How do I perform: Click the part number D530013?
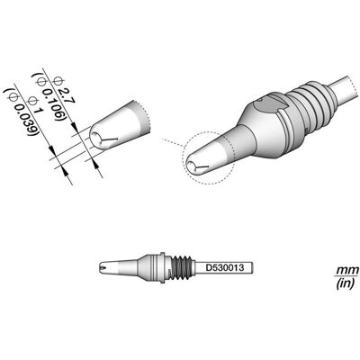click(x=224, y=267)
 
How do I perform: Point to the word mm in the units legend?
click(x=346, y=269)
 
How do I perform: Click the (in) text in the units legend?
click(x=346, y=283)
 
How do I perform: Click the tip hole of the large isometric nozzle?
click(x=191, y=165)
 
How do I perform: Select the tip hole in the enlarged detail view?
click(x=96, y=137)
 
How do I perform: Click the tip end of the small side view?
click(x=101, y=267)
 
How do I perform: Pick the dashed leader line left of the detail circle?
click(x=172, y=143)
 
